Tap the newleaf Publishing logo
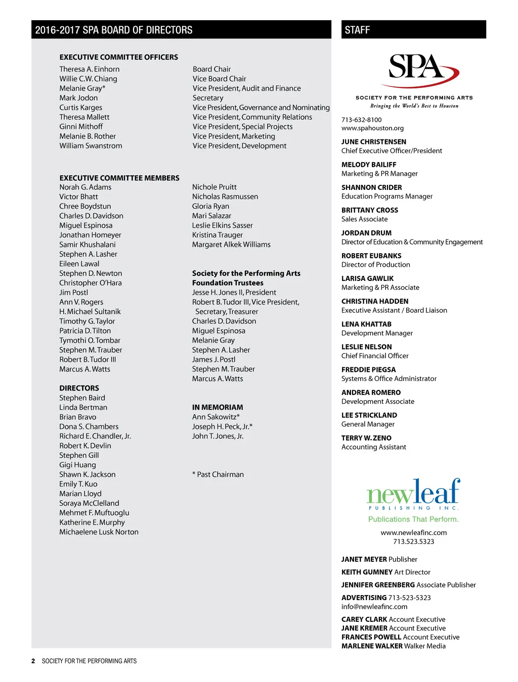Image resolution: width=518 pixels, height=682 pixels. [413, 494]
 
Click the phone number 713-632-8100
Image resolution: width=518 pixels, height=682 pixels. [361, 120]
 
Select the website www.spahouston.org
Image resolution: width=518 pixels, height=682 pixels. [372, 128]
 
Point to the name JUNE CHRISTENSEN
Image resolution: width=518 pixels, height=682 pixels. [373, 142]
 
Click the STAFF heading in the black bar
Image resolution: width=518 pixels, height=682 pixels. [357, 30]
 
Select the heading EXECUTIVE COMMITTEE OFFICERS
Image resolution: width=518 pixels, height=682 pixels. [119, 57]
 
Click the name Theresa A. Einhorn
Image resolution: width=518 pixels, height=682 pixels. [90, 69]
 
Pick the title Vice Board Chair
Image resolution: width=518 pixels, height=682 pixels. [219, 79]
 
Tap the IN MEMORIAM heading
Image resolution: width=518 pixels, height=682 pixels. [218, 407]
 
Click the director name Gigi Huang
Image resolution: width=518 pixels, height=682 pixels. [77, 465]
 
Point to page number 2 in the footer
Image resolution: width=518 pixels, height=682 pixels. [33, 661]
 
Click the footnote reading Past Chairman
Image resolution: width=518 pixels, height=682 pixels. [220, 474]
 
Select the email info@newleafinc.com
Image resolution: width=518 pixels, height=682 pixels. [374, 607]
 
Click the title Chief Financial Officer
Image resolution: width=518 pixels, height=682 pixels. [375, 356]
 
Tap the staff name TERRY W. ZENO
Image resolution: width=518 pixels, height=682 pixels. [366, 438]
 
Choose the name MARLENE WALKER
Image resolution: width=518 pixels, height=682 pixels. [372, 646]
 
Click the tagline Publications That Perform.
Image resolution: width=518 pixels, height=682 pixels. [413, 519]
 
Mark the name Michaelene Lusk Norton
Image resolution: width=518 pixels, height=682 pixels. [99, 532]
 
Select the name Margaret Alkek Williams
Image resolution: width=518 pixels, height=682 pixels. [231, 245]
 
